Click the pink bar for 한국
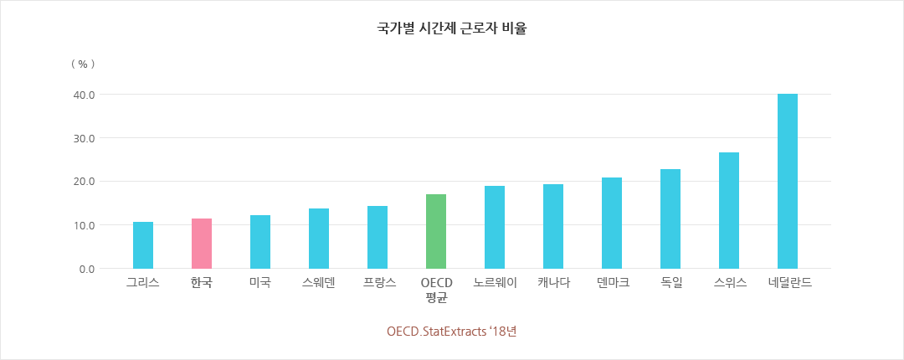coord(202,244)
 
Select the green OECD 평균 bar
coord(436,232)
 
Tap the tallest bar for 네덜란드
coord(788,181)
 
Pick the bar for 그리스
coord(143,245)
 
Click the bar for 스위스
coord(729,210)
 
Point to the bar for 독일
coord(670,219)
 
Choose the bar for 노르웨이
coord(495,227)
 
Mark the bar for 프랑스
coord(378,237)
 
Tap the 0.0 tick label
coord(85,269)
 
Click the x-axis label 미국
coord(260,283)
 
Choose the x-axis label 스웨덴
coord(319,283)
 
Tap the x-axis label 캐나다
coord(553,283)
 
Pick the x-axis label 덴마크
coord(612,283)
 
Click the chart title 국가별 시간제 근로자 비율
coord(452,28)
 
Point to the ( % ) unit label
coord(83,64)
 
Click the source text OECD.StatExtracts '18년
coord(452,331)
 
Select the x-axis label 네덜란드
coord(790,283)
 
